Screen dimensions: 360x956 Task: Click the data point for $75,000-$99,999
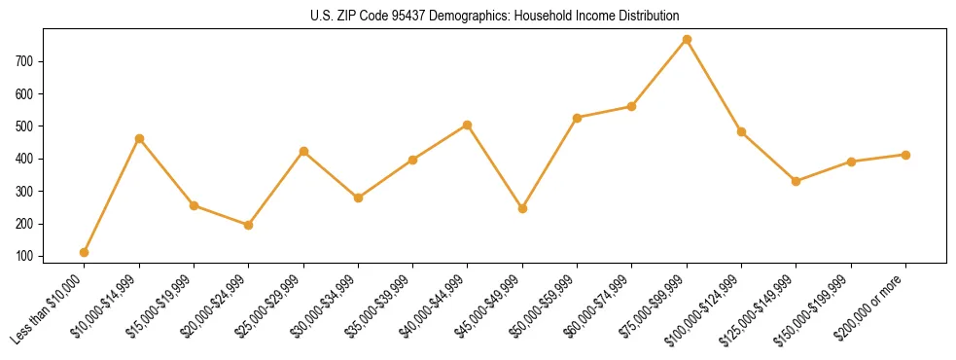click(687, 39)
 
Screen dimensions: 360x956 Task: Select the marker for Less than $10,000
click(85, 252)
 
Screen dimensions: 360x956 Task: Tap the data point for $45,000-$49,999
click(522, 208)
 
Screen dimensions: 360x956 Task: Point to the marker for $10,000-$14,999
click(139, 138)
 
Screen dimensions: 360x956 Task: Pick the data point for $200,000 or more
click(905, 155)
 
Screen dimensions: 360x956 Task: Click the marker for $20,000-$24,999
click(249, 225)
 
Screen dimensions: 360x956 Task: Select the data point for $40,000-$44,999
click(468, 125)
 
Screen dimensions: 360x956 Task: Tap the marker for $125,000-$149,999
click(796, 181)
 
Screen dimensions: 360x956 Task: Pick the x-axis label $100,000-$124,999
click(708, 306)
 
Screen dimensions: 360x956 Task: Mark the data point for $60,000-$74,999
click(632, 106)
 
